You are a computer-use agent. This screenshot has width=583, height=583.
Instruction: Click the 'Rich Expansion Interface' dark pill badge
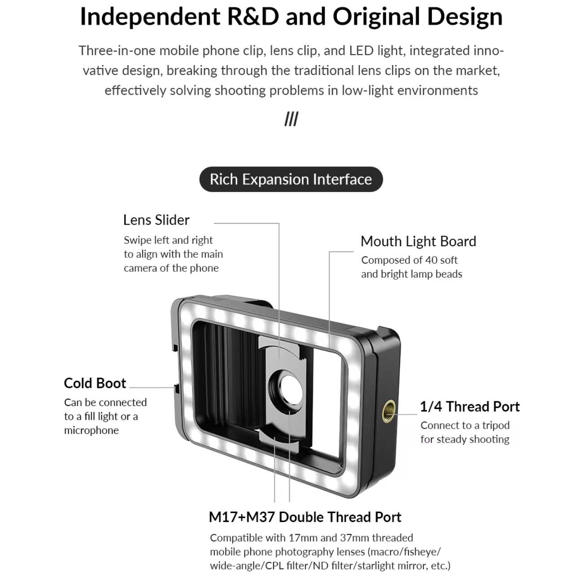point(291,179)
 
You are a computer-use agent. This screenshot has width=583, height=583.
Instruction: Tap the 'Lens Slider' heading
point(156,220)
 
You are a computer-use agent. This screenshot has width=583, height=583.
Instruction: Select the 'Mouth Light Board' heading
point(418,241)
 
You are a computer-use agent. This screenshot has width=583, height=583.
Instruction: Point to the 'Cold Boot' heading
point(95,383)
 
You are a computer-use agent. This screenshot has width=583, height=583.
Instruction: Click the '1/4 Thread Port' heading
point(470,407)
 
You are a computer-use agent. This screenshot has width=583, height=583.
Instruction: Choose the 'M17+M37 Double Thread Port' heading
point(305,517)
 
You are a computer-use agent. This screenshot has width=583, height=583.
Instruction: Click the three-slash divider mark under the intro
point(291,119)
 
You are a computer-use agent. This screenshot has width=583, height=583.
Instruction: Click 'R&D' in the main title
point(253,16)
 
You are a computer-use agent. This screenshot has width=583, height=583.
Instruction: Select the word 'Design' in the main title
point(465,17)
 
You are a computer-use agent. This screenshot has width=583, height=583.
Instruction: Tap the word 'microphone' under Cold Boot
point(91,431)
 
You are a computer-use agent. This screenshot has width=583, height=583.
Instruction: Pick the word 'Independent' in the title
point(150,17)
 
